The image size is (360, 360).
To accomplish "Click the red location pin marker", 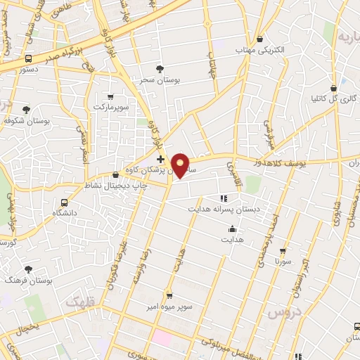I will coord(181,166).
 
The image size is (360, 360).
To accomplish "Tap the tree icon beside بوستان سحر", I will coord(161,69).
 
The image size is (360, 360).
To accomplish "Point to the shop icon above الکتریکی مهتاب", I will coord(261,39).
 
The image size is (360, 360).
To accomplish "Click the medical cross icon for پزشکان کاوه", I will coord(160,160).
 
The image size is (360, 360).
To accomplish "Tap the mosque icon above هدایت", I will coord(232,229).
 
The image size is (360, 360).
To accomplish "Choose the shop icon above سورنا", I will coord(283,250).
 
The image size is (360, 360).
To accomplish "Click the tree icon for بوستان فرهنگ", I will coord(28,269).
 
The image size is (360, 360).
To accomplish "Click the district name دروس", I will coord(287,309).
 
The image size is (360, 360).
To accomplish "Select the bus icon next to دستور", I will coord(29,59).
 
